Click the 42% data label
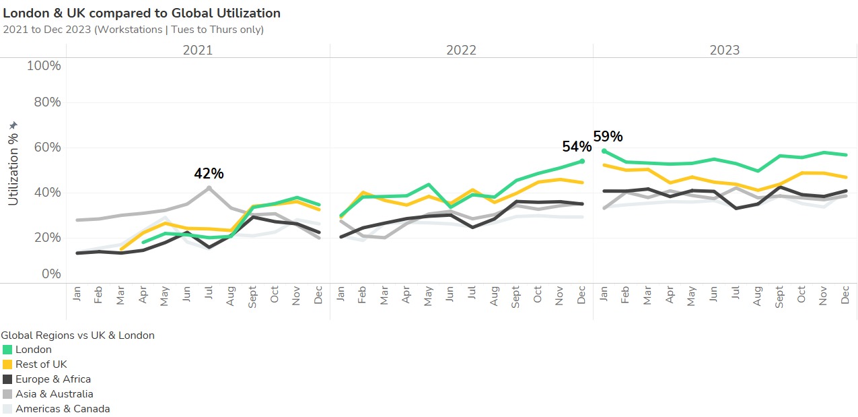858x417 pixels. (x=209, y=173)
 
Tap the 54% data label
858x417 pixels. (x=577, y=146)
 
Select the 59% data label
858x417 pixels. (x=608, y=137)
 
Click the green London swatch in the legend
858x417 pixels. (x=7, y=350)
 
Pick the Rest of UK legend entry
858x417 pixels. (x=41, y=364)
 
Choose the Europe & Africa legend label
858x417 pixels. (x=53, y=379)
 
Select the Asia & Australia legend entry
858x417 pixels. (x=54, y=394)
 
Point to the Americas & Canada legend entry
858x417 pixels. (x=63, y=409)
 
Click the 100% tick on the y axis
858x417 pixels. (x=44, y=65)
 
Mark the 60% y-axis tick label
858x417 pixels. (x=47, y=148)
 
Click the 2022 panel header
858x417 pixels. (x=461, y=51)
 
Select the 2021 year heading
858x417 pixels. (x=198, y=51)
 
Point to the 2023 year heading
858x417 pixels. (x=725, y=51)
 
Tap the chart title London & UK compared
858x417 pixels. (x=142, y=13)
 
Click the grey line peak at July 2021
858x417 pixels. (x=209, y=188)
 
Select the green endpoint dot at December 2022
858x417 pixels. (x=582, y=161)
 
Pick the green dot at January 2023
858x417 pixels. (x=604, y=151)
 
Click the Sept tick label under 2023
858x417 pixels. (x=780, y=297)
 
